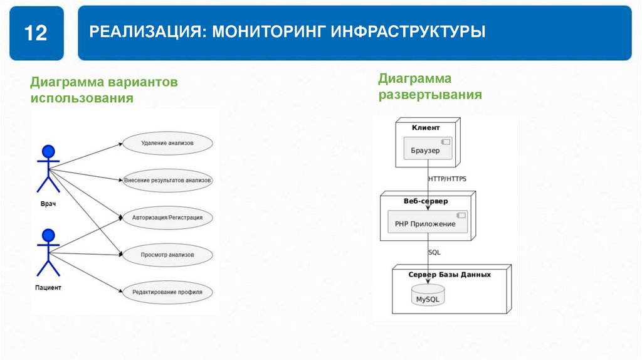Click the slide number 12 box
pos(36,33)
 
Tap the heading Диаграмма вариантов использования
pos(105,90)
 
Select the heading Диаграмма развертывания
pos(429,87)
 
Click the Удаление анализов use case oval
pos(167,143)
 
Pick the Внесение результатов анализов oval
pos(167,180)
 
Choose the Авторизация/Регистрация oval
pos(167,218)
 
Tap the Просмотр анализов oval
pos(167,255)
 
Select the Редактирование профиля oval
pos(167,292)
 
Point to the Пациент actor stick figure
pos(48,252)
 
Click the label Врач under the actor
pos(48,205)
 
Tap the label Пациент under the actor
pos(48,288)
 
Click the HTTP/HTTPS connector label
pos(447,179)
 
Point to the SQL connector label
pos(434,252)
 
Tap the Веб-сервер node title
pos(426,201)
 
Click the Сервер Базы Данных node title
pos(450,275)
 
